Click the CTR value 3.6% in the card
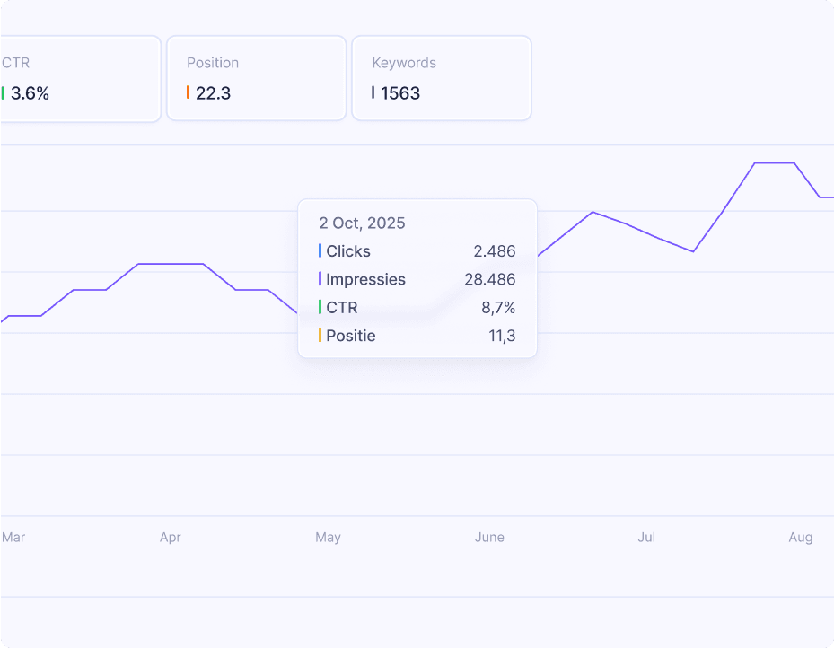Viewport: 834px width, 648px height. point(30,93)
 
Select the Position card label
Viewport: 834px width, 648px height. point(213,63)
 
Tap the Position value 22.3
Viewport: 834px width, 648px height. point(213,93)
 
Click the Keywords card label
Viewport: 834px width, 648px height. point(404,63)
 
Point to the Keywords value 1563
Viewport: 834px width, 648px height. point(400,93)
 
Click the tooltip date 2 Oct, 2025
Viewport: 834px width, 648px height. point(362,223)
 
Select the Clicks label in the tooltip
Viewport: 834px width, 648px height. point(348,251)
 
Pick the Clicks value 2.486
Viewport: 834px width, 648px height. point(495,251)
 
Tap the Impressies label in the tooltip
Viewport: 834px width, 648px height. point(365,279)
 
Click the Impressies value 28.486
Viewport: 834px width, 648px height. point(490,279)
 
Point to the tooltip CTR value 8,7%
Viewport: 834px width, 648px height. point(498,308)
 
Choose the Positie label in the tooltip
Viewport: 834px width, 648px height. point(351,336)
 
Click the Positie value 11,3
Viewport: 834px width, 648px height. point(498,336)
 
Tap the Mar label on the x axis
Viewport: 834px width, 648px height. point(13,538)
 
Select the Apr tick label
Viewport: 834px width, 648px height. point(170,538)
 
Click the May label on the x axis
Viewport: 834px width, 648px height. point(328,538)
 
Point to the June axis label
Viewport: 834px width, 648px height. point(489,538)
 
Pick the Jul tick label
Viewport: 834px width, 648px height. point(646,538)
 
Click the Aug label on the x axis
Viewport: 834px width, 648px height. point(801,538)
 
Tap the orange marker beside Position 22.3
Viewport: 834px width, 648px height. point(188,92)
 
